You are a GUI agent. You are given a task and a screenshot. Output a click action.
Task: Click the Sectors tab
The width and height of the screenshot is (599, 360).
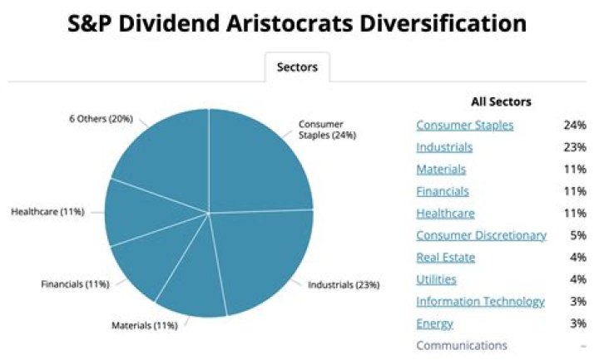(297, 67)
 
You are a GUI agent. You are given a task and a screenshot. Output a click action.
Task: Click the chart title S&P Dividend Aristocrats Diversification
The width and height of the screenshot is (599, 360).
(299, 23)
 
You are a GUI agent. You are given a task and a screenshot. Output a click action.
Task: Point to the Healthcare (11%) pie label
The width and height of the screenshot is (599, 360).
(47, 211)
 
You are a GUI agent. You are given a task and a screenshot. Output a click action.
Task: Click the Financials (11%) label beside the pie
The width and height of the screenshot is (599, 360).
(75, 284)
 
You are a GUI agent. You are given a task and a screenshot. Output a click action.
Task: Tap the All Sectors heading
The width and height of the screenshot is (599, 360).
(501, 101)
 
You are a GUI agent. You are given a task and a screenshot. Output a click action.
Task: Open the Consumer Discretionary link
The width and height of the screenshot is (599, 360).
(481, 235)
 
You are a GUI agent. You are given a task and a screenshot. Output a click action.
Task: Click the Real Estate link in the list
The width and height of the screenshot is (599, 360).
(445, 257)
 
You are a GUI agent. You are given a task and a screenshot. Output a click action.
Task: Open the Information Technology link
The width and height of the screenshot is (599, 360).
(480, 301)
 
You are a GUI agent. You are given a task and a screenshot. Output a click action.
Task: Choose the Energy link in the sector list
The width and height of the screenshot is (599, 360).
(434, 323)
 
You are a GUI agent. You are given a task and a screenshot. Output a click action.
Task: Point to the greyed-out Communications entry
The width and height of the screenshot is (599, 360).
(461, 345)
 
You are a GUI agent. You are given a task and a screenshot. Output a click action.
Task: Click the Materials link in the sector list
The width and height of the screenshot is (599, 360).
(441, 169)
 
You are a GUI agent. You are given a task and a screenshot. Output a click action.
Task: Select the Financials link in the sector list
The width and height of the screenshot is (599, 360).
(443, 191)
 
